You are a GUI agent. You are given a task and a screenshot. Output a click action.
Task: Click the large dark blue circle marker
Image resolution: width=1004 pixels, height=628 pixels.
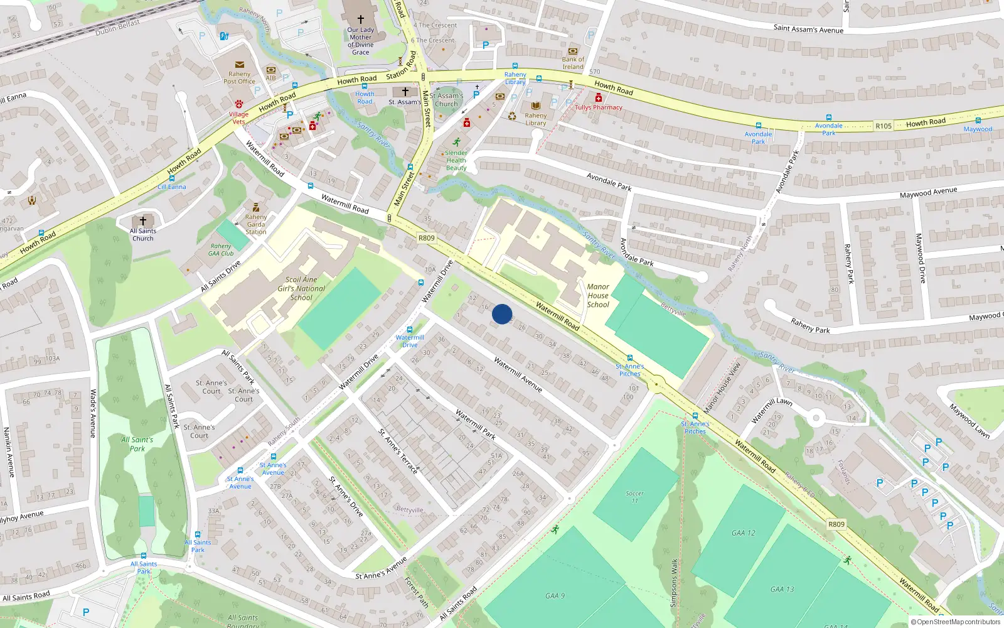click(502, 314)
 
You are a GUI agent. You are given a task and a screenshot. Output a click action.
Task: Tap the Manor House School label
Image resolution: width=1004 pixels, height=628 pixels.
click(598, 296)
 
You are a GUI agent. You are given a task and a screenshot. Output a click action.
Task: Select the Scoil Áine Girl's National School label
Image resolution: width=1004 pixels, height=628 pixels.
click(301, 289)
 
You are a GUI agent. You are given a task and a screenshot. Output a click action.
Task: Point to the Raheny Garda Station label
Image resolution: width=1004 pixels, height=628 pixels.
click(256, 224)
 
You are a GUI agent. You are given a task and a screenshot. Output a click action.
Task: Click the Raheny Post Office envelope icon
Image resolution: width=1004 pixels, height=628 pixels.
click(239, 65)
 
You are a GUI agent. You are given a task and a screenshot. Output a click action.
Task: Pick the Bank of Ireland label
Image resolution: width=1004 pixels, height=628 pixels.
click(573, 63)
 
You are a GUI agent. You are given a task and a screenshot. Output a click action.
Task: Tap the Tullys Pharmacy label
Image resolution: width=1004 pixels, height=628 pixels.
click(599, 107)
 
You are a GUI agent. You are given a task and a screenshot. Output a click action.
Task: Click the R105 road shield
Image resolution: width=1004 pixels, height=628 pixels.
click(884, 126)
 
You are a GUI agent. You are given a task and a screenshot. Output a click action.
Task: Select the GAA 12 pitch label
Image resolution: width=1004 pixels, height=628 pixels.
click(744, 533)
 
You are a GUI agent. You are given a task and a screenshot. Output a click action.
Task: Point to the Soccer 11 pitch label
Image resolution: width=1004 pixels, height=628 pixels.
click(634, 497)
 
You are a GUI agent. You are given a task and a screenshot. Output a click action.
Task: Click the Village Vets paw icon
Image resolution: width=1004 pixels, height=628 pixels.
click(239, 104)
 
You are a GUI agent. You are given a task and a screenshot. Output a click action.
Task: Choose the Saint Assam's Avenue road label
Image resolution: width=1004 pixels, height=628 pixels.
click(808, 29)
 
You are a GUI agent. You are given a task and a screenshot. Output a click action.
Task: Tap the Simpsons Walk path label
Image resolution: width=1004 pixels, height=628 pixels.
click(674, 583)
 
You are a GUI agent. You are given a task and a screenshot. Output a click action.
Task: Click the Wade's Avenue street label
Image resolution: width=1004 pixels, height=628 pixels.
click(93, 413)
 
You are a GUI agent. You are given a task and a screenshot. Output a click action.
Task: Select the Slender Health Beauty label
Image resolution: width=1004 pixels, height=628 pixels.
click(456, 160)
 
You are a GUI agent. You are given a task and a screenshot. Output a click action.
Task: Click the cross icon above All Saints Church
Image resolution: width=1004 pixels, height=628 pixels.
click(143, 220)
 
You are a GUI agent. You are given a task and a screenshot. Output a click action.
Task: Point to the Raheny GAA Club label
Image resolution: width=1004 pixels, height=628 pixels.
click(221, 250)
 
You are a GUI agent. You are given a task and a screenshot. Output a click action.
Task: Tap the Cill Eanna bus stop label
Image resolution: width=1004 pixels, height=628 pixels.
click(172, 187)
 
